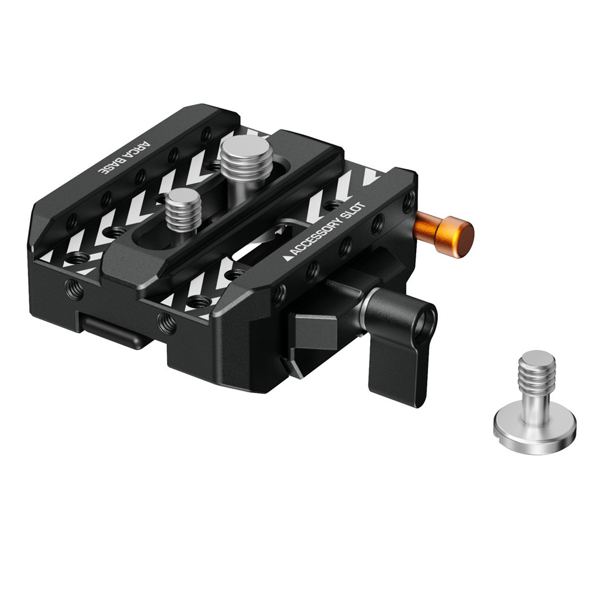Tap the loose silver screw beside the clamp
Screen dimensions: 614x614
click(x=534, y=404)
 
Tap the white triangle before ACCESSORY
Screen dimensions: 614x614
click(x=287, y=258)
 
